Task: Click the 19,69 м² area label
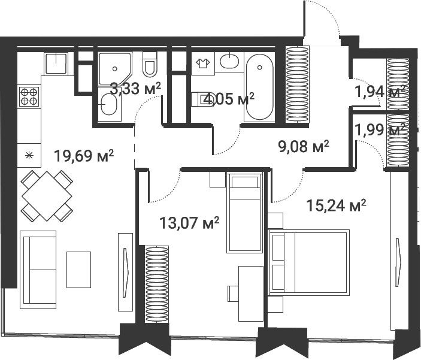84,156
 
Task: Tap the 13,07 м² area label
189,223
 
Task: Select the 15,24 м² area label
336,205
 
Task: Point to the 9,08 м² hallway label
304,147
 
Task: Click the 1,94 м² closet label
380,92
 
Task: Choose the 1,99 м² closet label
380,130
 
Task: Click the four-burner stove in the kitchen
29,96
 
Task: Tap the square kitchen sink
56,63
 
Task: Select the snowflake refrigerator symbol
29,155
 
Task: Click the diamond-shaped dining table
47,196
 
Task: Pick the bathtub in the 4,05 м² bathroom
259,87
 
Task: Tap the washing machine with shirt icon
203,63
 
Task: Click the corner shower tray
115,69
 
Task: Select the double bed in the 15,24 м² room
309,262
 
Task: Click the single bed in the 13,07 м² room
244,213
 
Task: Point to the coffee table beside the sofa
78,270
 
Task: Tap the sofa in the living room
38,270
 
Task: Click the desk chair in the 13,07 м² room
233,294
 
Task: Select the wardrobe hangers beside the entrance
297,84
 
